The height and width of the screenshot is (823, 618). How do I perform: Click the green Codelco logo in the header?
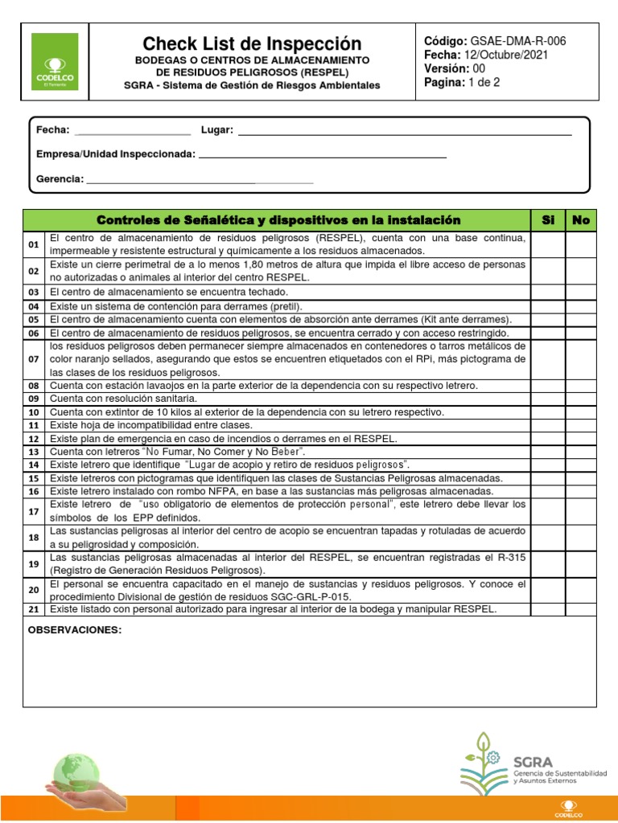coord(55,61)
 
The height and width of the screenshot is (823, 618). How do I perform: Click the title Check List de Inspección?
coord(252,43)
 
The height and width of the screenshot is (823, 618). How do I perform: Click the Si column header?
coord(548,220)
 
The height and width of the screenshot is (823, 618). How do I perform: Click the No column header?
coord(580,220)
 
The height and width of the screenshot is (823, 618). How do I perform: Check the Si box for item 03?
coord(548,293)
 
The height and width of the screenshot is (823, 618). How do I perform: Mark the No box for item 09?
coord(580,399)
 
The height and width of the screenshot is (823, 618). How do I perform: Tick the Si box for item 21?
coord(548,609)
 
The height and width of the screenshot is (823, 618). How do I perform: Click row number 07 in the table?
coord(34,359)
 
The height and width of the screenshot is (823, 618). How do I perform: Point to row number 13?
coord(34,452)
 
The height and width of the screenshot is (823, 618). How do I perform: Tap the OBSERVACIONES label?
coord(75,630)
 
